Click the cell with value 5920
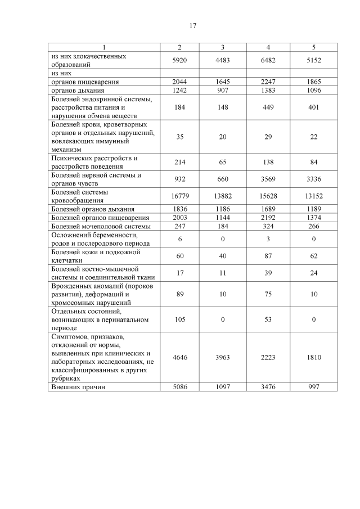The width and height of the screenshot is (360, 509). (x=179, y=60)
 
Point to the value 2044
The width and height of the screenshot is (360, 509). (x=179, y=82)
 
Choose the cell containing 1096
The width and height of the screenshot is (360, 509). (x=313, y=90)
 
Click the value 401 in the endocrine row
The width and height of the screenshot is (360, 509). (x=313, y=107)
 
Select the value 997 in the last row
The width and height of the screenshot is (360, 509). (x=313, y=387)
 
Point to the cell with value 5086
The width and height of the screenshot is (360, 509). (x=179, y=387)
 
